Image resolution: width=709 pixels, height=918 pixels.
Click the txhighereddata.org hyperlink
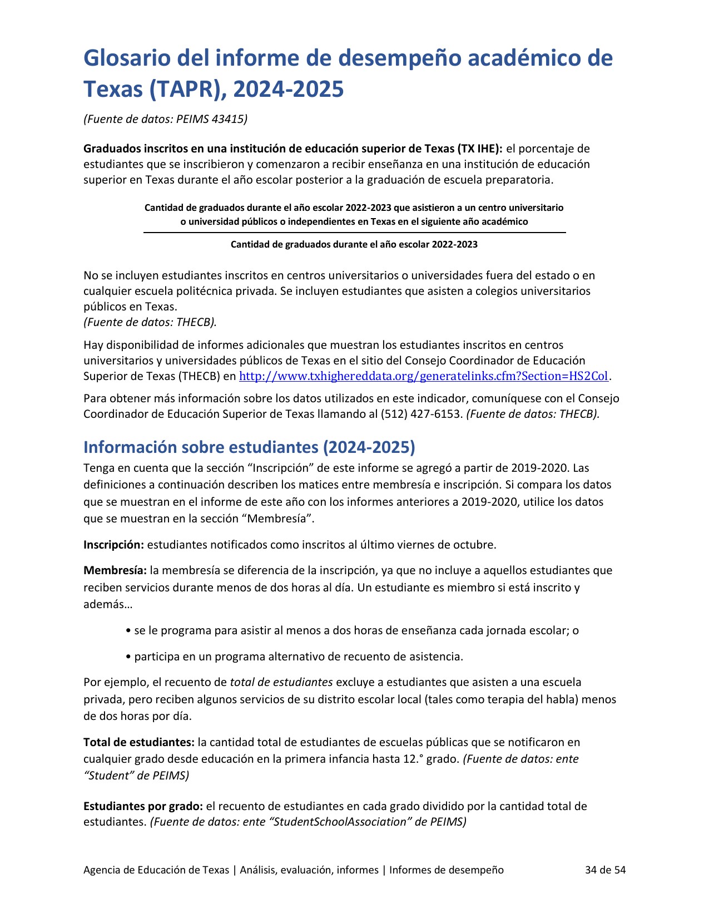(x=424, y=376)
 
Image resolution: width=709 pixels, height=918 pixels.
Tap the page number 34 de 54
(x=605, y=870)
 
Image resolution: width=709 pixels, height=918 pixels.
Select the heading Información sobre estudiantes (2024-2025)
(x=249, y=447)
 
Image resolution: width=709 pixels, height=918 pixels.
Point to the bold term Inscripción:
(x=113, y=545)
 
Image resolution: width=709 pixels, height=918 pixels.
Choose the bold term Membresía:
(x=115, y=570)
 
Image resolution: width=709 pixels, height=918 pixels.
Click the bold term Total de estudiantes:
(x=139, y=742)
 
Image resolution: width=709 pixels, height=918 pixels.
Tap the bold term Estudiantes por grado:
(x=143, y=806)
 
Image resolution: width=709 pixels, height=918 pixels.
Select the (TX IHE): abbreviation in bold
(x=480, y=149)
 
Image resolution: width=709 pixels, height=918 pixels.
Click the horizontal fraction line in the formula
(x=354, y=233)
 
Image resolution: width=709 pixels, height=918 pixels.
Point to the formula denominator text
(x=354, y=244)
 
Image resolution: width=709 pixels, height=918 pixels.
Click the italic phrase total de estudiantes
(x=281, y=682)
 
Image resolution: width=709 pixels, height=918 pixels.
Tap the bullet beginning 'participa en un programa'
(x=298, y=657)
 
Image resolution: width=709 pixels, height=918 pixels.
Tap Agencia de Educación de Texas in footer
(x=156, y=870)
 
